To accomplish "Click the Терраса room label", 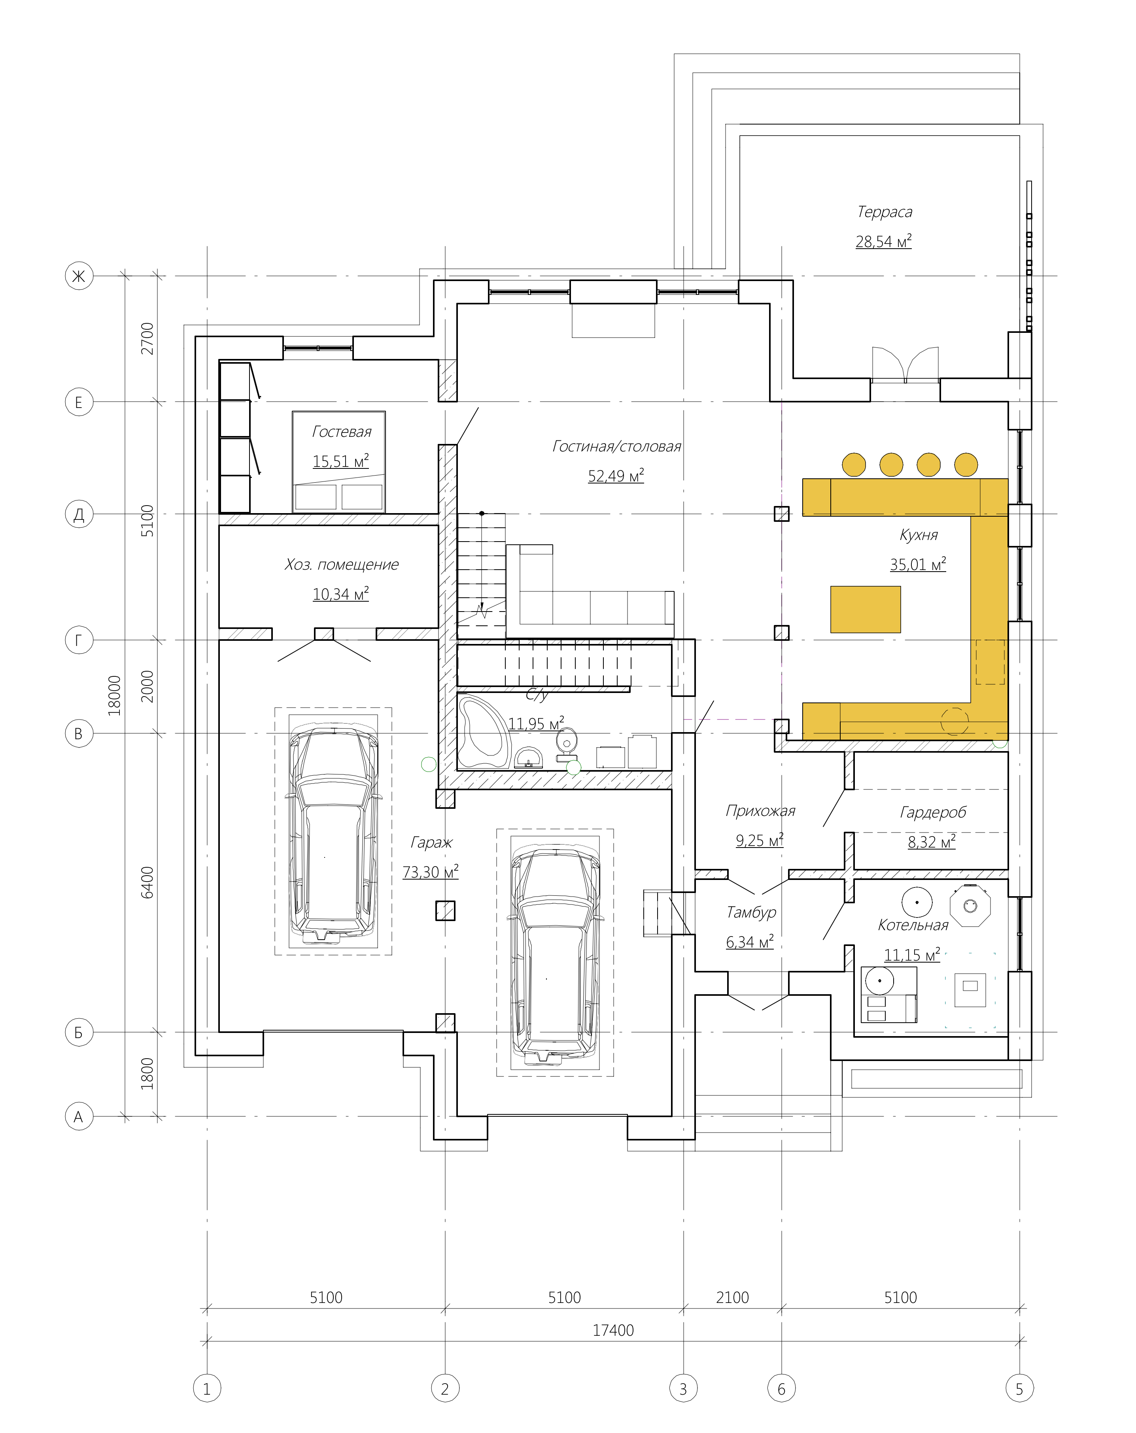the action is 884,212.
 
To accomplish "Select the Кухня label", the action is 918,534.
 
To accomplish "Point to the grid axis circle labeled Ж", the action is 78,276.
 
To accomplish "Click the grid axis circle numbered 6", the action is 781,1388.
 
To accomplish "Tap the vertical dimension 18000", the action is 114,695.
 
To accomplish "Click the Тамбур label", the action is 751,912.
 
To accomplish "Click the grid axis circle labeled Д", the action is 78,514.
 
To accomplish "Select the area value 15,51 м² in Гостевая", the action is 340,461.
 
